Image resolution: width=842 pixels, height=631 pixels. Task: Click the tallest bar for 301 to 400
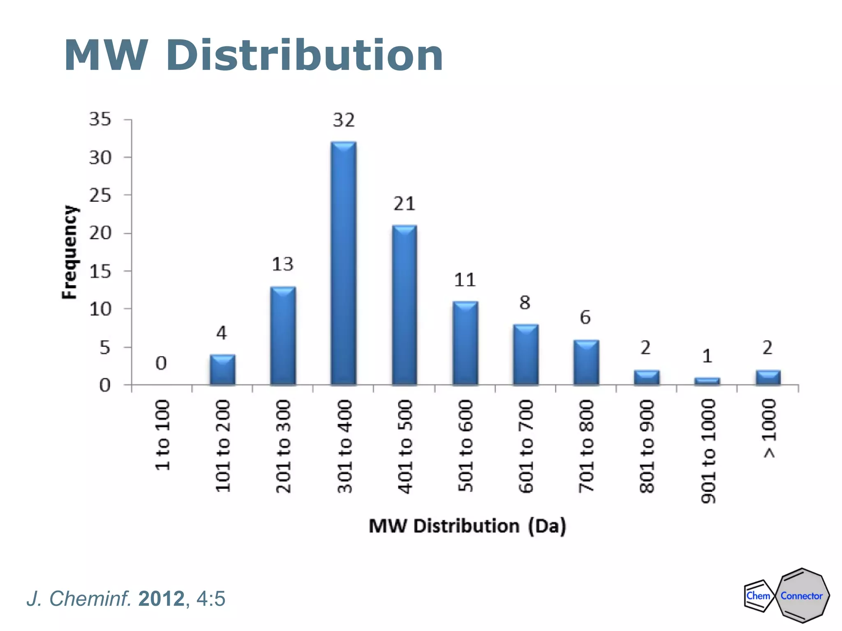click(344, 263)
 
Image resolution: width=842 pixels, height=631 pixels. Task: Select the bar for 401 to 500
click(405, 305)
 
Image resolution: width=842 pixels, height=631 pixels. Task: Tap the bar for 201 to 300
click(283, 335)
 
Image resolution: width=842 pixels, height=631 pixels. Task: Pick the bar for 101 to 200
click(222, 370)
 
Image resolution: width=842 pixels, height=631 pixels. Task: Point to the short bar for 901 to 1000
click(707, 381)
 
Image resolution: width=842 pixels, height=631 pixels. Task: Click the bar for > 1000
click(768, 377)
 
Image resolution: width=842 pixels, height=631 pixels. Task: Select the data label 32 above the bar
click(344, 120)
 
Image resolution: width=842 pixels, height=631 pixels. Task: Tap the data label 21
click(405, 204)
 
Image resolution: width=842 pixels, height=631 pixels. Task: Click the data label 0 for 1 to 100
click(161, 363)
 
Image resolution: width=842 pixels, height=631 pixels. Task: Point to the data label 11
click(465, 280)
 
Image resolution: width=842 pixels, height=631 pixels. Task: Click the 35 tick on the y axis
click(100, 119)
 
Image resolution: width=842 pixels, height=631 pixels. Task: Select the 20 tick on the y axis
click(100, 233)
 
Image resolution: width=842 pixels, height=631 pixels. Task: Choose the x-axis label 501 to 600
click(465, 446)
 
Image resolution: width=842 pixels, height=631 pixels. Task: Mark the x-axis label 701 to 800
click(586, 446)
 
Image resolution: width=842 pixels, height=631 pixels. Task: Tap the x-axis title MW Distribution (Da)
click(467, 526)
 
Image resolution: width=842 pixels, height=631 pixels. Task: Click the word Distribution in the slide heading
click(304, 55)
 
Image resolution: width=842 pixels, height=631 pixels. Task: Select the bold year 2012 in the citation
click(162, 599)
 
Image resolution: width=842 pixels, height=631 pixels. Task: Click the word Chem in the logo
click(758, 596)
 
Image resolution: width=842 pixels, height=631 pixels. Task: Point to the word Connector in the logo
click(802, 596)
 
